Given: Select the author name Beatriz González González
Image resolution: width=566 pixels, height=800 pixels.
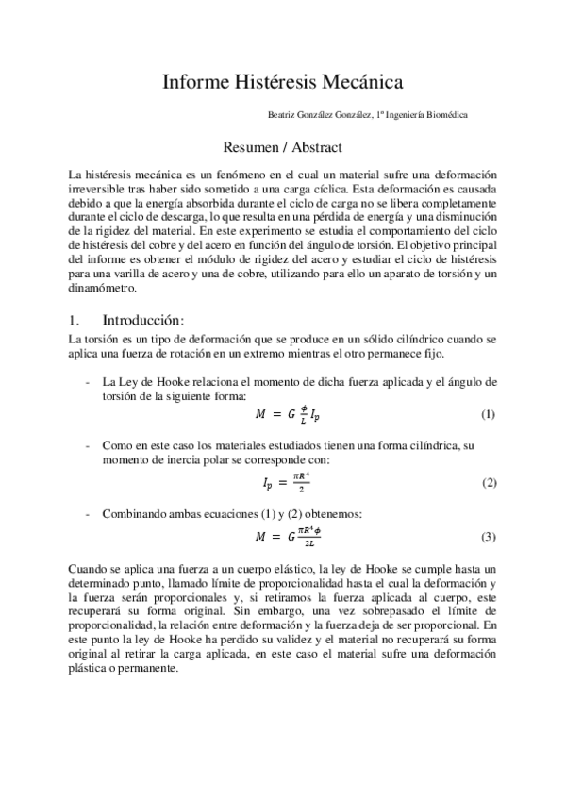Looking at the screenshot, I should coord(321,116).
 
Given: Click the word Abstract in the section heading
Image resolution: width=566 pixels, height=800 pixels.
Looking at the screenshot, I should coord(313,148).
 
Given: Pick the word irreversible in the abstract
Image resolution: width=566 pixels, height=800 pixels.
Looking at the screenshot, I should coord(97,190).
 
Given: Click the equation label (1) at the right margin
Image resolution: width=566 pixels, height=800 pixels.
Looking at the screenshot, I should coord(489,415).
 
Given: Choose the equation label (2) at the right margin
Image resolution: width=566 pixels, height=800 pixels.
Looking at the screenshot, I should coord(489,483).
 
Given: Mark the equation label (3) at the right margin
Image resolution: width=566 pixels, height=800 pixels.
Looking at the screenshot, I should coord(489,537).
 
